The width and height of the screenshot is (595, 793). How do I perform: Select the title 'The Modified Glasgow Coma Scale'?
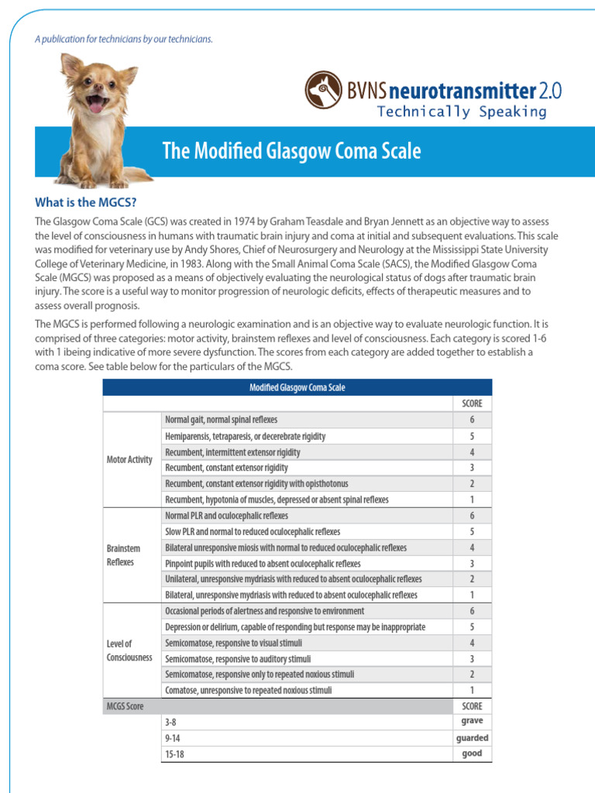(291, 151)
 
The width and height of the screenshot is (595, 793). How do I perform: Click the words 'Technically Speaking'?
(461, 112)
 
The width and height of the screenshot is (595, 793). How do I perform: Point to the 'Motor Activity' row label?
(129, 460)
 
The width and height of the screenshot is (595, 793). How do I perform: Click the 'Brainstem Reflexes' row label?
(123, 555)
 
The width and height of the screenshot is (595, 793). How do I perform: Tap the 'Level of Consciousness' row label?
(129, 651)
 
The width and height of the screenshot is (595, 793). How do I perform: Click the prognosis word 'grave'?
(472, 721)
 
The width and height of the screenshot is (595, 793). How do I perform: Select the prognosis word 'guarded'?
(472, 738)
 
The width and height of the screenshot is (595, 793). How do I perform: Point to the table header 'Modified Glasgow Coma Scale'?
(297, 387)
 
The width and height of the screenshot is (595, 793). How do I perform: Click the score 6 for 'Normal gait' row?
(472, 420)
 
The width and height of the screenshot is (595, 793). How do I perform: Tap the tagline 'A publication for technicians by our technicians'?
(123, 39)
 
